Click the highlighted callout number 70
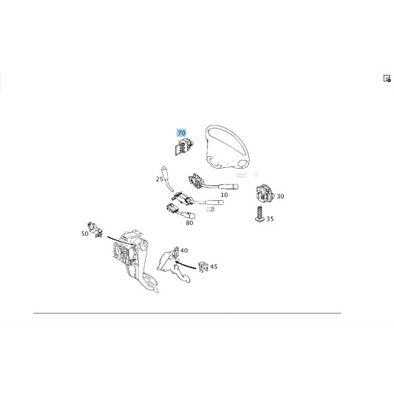tap(181, 133)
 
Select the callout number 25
tap(159, 179)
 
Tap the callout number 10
tap(225, 195)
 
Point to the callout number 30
tap(281, 196)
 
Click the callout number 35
tap(270, 219)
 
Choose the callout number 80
tap(189, 223)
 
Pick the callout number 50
tap(85, 233)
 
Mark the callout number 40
tap(184, 251)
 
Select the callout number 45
tap(214, 266)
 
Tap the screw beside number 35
tap(260, 214)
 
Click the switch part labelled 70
tap(184, 147)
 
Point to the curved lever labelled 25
tap(166, 179)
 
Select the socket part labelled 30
tap(265, 195)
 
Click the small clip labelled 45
tap(203, 267)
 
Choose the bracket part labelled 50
tap(95, 229)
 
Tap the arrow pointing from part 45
tap(186, 265)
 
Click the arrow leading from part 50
tap(121, 240)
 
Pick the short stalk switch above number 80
tap(180, 212)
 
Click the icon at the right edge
tap(387, 79)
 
